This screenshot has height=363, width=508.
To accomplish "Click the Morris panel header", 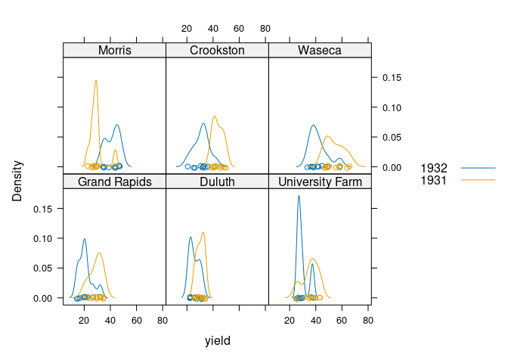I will (x=114, y=51).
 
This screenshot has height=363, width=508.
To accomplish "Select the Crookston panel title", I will (x=217, y=51).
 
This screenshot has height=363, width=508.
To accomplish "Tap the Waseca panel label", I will (x=320, y=51).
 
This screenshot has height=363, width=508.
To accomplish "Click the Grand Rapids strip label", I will (x=114, y=182).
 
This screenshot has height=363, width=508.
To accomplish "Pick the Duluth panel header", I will (x=217, y=182).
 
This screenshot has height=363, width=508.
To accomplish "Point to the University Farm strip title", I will (x=320, y=182).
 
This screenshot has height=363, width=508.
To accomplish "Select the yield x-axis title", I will (x=217, y=341).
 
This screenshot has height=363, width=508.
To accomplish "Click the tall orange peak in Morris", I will (x=96, y=81).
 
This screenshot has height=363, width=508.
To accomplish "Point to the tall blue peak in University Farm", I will (x=299, y=197).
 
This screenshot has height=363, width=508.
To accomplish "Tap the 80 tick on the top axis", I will (x=265, y=29).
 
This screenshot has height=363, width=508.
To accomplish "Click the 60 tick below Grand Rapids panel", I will (x=136, y=320).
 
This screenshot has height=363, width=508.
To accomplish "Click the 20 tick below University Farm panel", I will (x=290, y=320).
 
